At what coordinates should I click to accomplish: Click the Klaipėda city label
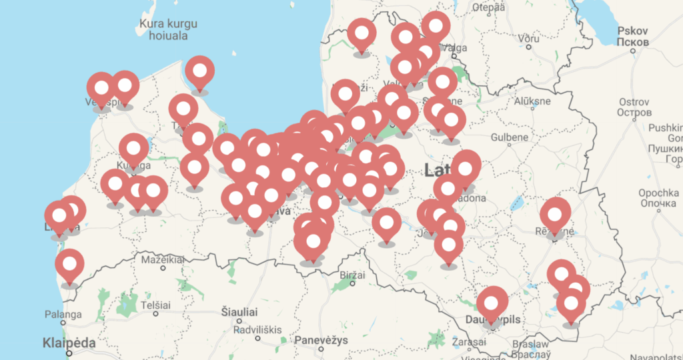pos(69,343)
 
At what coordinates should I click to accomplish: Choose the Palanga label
pos(63,314)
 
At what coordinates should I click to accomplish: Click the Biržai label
pos(351,275)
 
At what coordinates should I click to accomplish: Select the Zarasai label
pos(469,341)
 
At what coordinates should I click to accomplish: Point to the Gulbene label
pos(509,137)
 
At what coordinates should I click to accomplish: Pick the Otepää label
pos(489,7)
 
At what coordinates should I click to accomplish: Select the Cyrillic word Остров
pos(634,113)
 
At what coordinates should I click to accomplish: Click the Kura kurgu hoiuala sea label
pos(169,30)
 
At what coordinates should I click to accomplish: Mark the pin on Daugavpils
pos(492,303)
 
